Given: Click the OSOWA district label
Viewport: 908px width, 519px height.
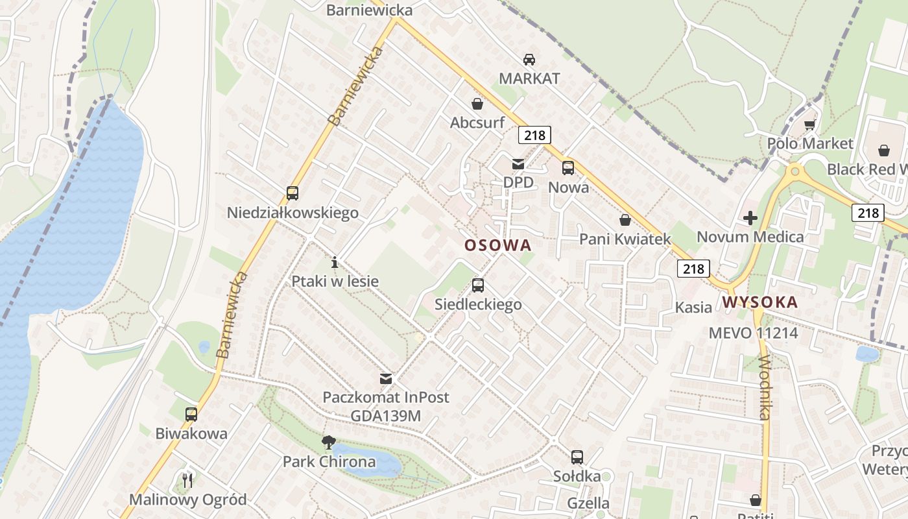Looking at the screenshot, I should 497,245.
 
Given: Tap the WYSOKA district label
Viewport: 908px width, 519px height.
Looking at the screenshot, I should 759,302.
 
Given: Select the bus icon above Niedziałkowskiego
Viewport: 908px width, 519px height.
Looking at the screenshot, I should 293,193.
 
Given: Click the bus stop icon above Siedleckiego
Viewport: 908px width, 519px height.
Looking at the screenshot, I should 478,285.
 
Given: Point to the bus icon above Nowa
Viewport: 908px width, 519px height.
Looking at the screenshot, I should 568,167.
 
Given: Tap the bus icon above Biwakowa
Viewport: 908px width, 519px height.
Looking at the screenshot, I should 191,414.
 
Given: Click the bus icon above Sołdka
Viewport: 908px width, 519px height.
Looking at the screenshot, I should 577,457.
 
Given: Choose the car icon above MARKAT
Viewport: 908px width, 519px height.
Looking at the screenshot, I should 529,59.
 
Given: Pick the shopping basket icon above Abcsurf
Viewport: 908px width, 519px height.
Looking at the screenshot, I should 477,103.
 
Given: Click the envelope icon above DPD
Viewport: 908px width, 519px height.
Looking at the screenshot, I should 518,163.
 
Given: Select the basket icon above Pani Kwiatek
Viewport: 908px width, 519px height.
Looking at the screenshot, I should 625,220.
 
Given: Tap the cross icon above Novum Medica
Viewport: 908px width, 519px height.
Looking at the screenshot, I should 750,218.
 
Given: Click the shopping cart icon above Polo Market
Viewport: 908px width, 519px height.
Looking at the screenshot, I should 809,125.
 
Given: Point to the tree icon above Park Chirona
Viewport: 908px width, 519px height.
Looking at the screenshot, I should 329,442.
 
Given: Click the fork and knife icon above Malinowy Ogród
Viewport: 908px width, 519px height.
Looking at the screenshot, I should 187,480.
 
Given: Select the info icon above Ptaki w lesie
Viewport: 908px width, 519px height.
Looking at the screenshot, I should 335,262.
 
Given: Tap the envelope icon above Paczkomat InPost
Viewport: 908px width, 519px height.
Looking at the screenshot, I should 386,378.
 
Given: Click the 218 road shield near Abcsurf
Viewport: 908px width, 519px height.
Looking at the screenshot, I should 534,135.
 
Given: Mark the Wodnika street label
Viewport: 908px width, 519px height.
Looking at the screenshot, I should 765,387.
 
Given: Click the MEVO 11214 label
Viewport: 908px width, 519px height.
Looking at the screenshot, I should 753,333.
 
